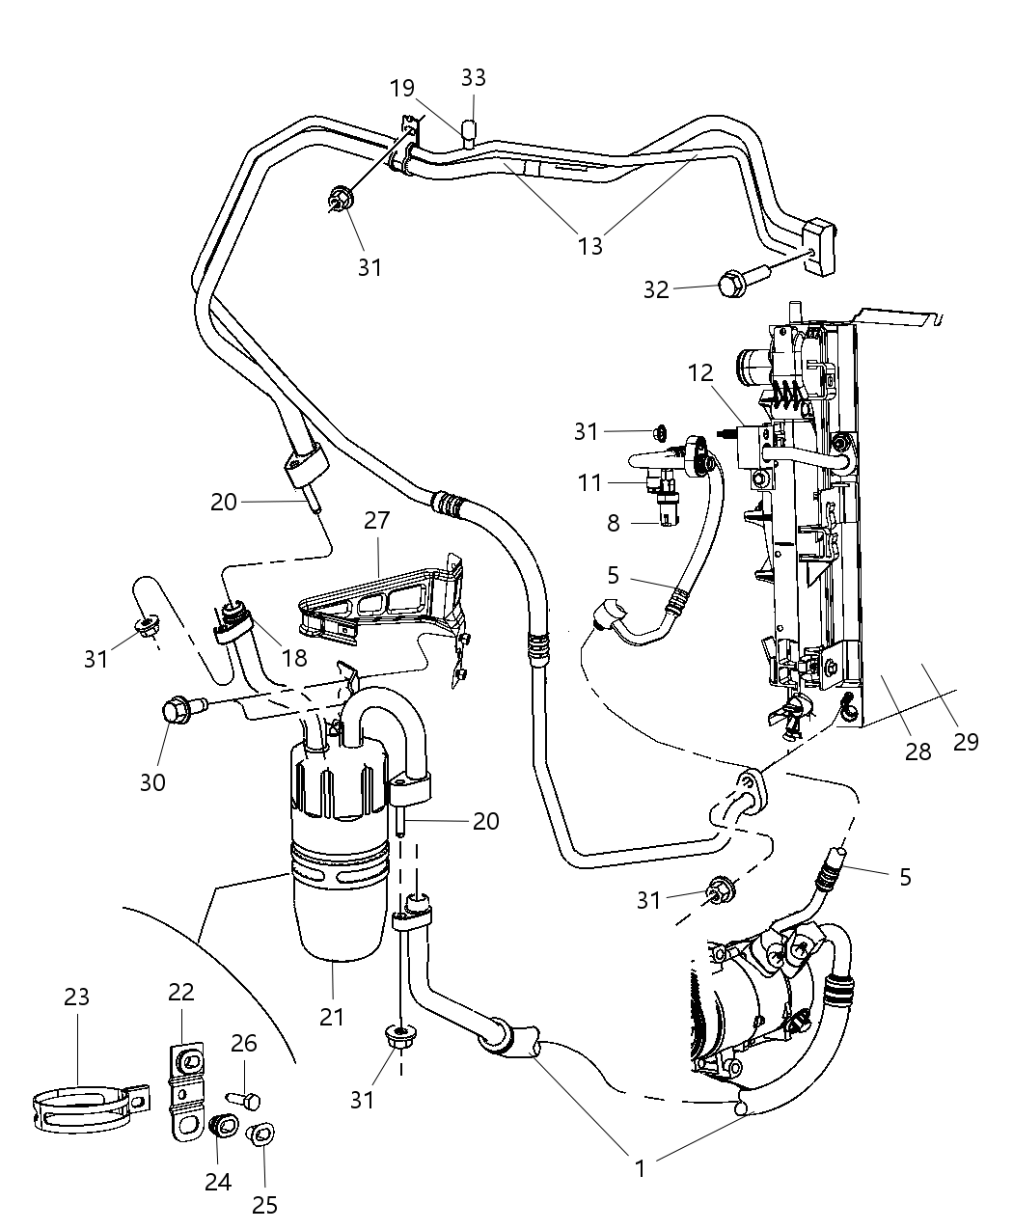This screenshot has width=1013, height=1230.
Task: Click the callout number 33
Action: (473, 77)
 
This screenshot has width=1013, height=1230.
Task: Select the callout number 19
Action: (402, 89)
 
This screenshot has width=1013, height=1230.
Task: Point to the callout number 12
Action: (701, 371)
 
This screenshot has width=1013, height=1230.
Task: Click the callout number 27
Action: (376, 521)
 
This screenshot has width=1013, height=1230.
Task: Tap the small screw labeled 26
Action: (245, 1099)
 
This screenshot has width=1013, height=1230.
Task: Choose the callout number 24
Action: (218, 1181)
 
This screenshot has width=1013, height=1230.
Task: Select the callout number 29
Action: (965, 741)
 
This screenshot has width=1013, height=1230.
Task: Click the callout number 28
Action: (917, 751)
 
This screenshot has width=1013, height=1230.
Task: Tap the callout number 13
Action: (590, 245)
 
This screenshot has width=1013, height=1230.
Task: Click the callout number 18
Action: (293, 657)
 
